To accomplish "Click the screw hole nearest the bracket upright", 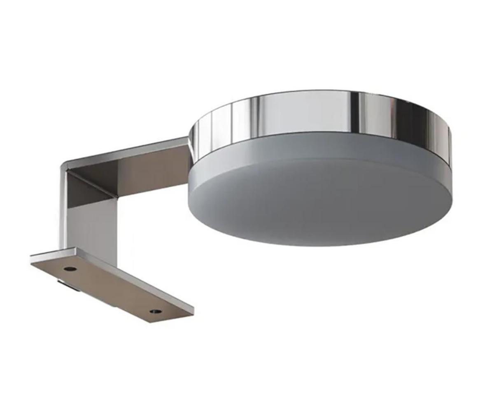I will [70, 269].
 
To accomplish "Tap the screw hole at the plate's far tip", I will [156, 311].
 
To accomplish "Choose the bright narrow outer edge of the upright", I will [63, 214].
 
